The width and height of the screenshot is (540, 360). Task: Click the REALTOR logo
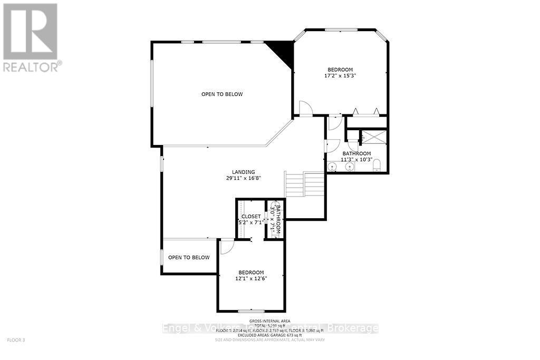click(x=31, y=37)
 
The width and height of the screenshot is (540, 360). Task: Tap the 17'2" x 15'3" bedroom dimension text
click(x=340, y=76)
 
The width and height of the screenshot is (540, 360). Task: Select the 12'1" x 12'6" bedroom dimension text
click(x=251, y=279)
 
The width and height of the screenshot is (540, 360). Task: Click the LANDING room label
click(x=244, y=172)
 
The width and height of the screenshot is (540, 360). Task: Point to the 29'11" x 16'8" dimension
click(x=244, y=178)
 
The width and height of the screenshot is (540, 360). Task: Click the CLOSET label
click(x=251, y=217)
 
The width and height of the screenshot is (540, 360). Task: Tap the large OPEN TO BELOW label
click(x=222, y=94)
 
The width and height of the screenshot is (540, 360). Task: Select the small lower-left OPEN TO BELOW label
click(x=189, y=258)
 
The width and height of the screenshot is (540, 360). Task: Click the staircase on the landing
click(x=304, y=184)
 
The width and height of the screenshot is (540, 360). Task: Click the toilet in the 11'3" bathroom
click(x=377, y=168)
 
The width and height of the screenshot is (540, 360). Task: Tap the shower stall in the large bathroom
click(x=373, y=137)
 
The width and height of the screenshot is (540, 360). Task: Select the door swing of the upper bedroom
click(x=305, y=108)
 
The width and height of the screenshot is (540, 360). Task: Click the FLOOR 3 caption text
click(x=16, y=340)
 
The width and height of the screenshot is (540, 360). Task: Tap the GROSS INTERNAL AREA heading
click(x=271, y=320)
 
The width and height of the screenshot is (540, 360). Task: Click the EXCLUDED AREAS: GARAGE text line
click(x=271, y=335)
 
